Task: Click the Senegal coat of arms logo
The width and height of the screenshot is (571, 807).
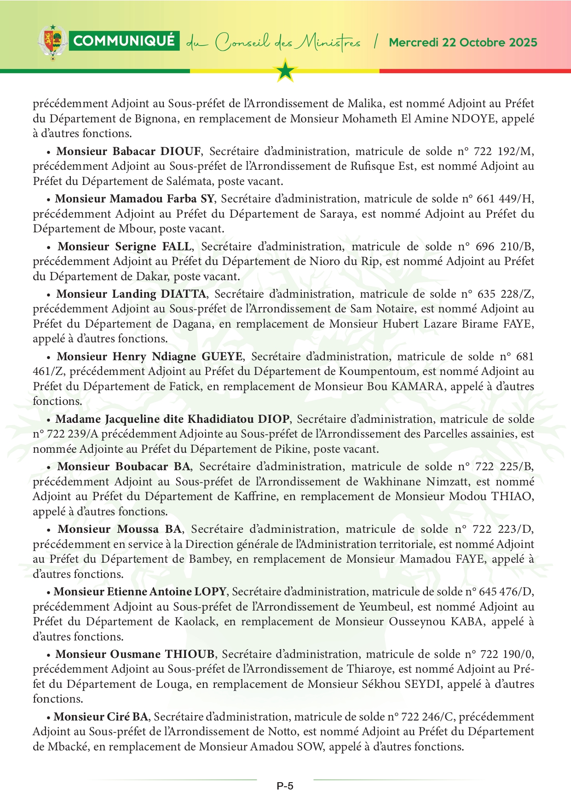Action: click(53, 42)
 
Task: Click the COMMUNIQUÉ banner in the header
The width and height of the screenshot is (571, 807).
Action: click(124, 41)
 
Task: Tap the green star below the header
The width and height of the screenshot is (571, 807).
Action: click(285, 71)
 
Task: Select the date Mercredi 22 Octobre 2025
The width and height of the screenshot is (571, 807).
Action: click(463, 42)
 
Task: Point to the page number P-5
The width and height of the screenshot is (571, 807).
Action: click(285, 786)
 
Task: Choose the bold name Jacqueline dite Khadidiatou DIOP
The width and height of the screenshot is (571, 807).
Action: click(173, 419)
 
